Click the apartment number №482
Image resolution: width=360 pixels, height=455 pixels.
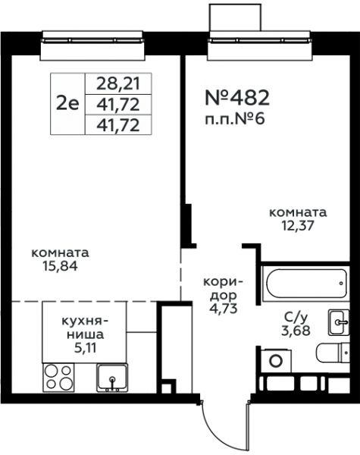(237, 98)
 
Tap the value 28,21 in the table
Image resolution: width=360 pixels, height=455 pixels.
(118, 83)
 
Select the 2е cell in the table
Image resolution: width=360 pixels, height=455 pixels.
(67, 104)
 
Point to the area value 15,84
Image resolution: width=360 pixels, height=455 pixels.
(61, 266)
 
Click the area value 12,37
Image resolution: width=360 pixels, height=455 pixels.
(298, 225)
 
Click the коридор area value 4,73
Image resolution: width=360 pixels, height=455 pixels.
(224, 309)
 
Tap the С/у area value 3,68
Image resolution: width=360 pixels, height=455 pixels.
(296, 331)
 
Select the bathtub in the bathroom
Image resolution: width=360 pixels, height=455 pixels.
(306, 284)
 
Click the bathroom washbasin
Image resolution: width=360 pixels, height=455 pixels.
(339, 322)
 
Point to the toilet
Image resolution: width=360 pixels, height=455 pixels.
(333, 353)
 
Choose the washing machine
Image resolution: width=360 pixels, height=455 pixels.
(276, 360)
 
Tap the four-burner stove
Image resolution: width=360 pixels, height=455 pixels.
(58, 377)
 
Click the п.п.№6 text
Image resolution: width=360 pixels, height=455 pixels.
(235, 119)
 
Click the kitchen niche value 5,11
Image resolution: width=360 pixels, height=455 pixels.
(86, 347)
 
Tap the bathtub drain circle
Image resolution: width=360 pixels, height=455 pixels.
(342, 283)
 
